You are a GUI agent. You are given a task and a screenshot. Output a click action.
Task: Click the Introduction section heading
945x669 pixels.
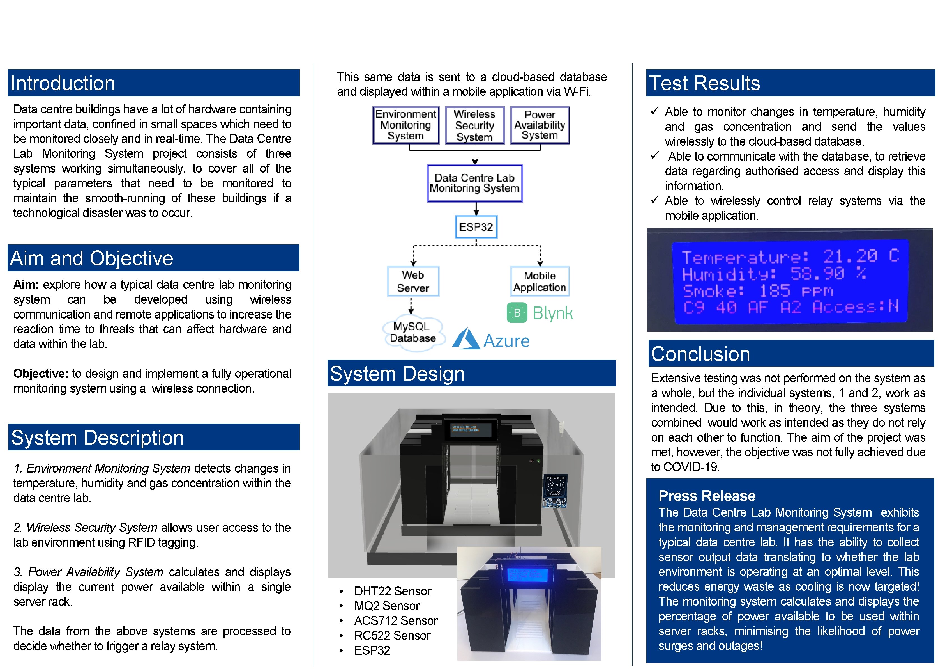click(x=63, y=83)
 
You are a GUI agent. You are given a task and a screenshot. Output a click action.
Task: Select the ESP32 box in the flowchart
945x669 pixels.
click(x=476, y=227)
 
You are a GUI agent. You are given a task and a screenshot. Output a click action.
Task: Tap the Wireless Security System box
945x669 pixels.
click(x=474, y=125)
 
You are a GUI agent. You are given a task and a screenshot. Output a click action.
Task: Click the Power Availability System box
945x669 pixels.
click(x=540, y=125)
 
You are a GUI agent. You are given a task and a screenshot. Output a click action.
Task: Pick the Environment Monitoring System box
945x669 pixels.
click(x=405, y=125)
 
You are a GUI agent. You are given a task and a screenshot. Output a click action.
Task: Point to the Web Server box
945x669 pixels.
click(x=413, y=281)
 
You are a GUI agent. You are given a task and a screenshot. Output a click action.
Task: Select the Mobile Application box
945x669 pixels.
click(x=540, y=281)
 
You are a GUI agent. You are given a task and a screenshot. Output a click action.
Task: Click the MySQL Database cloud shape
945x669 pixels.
click(x=413, y=333)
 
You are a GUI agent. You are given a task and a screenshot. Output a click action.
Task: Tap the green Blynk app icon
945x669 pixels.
click(x=517, y=313)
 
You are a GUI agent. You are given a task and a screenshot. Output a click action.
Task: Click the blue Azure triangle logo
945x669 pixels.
click(x=467, y=340)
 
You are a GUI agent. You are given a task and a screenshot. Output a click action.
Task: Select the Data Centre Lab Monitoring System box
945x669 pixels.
click(x=474, y=183)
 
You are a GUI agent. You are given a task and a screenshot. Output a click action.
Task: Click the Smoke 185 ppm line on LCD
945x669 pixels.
click(x=757, y=291)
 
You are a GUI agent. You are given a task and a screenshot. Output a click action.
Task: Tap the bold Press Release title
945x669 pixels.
click(x=707, y=496)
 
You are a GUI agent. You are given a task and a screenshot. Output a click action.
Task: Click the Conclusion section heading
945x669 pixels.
click(x=700, y=354)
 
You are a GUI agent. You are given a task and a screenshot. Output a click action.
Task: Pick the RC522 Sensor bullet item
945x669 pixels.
click(x=392, y=636)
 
